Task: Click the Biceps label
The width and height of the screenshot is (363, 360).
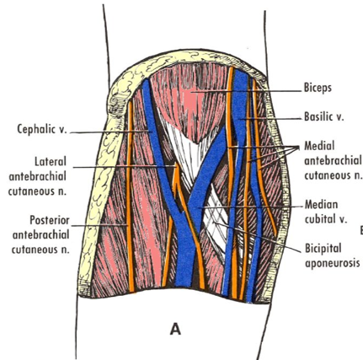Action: coord(318,88)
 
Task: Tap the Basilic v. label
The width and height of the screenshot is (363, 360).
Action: coord(324,116)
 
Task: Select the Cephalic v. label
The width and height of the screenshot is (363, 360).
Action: coord(42,129)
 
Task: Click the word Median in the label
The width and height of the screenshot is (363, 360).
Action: coord(322,204)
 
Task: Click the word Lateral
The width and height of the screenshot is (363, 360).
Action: coord(51,162)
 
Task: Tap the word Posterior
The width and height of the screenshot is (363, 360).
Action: coord(50,220)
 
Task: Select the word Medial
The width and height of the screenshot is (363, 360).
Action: coord(319,146)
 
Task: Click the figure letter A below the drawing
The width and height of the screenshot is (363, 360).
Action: coord(175,329)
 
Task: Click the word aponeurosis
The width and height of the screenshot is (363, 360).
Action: coord(332,263)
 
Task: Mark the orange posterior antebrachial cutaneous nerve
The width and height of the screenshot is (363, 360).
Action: coord(129,196)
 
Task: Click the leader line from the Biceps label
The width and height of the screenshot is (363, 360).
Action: coord(247,91)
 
